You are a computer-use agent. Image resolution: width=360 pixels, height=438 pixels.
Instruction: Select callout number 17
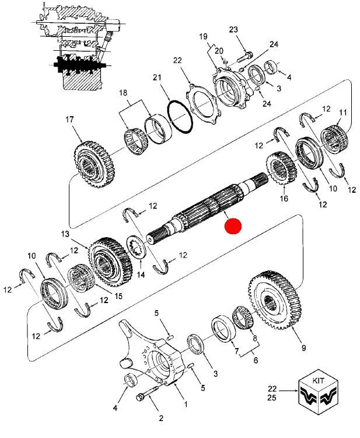click(69, 120)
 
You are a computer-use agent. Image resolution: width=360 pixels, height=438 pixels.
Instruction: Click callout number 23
click(233, 30)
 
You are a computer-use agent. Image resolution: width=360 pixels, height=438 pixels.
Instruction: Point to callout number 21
click(157, 78)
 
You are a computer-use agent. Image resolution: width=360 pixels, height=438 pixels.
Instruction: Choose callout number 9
click(303, 349)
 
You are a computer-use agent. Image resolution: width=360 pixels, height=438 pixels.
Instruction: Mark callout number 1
click(186, 404)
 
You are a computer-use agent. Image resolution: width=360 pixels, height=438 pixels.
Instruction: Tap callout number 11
click(342, 112)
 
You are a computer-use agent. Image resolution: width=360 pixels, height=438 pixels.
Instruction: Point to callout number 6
click(254, 361)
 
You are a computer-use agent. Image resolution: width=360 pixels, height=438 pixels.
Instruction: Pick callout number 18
click(123, 93)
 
